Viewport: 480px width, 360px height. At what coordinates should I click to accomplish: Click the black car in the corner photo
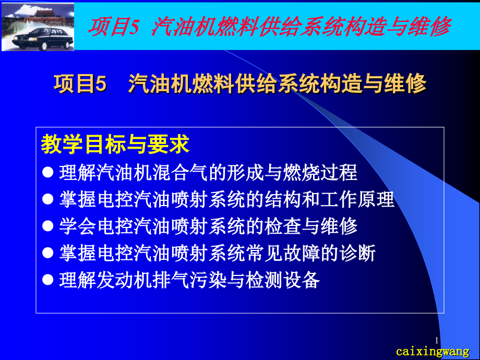tap(43, 38)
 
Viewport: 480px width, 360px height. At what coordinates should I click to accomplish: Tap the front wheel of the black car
tap(44, 46)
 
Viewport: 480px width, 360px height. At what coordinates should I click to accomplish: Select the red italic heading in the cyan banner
tap(269, 26)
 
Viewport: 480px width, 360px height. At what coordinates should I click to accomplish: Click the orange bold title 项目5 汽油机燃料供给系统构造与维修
tap(239, 83)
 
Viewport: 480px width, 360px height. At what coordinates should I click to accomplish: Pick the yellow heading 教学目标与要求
tap(115, 144)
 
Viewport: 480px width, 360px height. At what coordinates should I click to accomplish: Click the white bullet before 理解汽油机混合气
tap(48, 172)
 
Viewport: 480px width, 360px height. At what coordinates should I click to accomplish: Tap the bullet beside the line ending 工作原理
tap(48, 199)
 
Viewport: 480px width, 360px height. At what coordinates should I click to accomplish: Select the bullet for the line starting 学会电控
tap(48, 226)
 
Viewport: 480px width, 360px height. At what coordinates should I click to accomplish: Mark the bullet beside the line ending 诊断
tap(48, 253)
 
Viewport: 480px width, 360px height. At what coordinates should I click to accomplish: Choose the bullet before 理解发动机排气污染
tap(48, 280)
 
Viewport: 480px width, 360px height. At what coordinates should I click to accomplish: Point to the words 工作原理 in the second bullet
tap(357, 199)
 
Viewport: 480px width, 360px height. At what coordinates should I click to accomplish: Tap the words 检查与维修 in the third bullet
tap(311, 226)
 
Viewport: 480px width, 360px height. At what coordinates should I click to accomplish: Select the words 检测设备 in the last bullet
tap(283, 280)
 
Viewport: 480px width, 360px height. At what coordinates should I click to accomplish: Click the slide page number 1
tap(437, 340)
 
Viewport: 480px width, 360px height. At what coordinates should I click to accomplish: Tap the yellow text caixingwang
tap(433, 352)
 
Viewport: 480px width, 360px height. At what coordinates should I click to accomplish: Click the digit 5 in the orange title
tap(101, 84)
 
